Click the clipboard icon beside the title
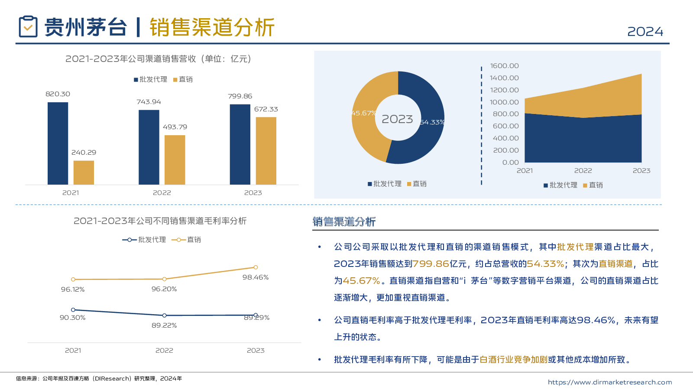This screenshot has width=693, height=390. click(x=28, y=27)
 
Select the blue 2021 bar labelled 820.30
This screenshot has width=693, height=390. click(x=58, y=143)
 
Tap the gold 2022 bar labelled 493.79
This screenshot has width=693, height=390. click(x=175, y=159)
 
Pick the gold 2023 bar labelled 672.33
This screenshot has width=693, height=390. click(x=266, y=150)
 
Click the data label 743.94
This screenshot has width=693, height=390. click(x=149, y=102)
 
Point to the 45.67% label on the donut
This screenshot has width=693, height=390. click(x=363, y=113)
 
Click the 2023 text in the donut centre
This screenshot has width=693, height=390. click(x=397, y=119)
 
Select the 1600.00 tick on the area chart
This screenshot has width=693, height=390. click(x=504, y=66)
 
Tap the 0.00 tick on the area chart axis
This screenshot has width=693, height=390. click(x=510, y=162)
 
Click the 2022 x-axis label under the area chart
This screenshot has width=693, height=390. click(x=583, y=171)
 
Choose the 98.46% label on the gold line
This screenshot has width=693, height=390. click(x=256, y=277)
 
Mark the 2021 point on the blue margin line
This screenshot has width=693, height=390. click(x=73, y=310)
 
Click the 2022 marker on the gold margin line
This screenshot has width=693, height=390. click(x=164, y=279)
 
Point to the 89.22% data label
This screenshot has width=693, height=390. click(x=164, y=325)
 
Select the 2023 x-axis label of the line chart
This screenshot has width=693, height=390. click(x=256, y=351)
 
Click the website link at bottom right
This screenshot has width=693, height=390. click(x=610, y=382)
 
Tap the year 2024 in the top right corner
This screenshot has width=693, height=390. click(x=645, y=32)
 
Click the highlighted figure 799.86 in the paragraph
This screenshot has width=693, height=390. click(x=431, y=264)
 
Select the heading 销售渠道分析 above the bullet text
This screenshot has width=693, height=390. click(x=344, y=222)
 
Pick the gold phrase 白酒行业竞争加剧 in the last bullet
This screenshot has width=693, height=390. click(x=514, y=360)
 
